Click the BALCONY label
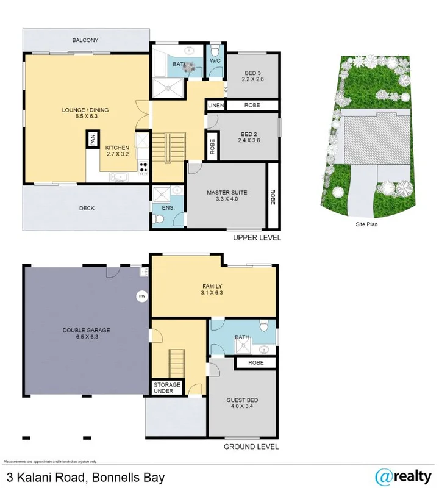[85, 40]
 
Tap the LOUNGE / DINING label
[85, 113]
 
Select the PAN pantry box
[93, 140]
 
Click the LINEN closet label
[216, 106]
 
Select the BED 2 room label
[250, 137]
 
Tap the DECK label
[87, 208]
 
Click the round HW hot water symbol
[142, 296]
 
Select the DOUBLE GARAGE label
[85, 334]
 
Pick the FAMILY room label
[212, 289]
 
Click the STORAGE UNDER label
[166, 388]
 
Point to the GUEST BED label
[242, 403]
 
